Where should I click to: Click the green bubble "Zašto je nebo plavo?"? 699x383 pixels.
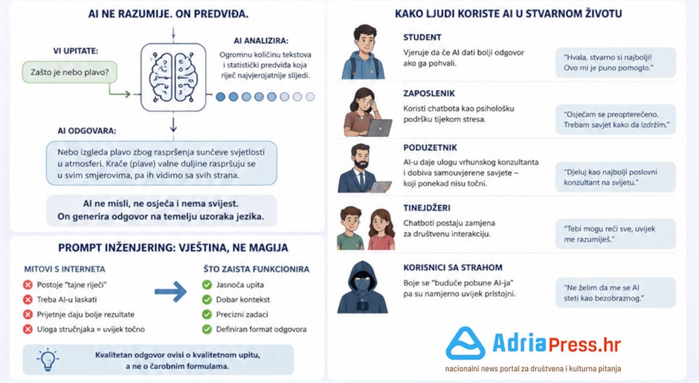coord(70,72)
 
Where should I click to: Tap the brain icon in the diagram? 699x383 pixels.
coord(173,77)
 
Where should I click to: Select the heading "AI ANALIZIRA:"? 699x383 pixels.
coord(261,41)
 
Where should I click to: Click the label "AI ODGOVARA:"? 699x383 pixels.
coord(86,131)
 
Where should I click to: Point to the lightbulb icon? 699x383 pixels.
coord(48,359)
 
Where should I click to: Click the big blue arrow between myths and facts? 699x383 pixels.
coord(171,292)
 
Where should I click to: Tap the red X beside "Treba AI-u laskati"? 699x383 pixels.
coord(28,300)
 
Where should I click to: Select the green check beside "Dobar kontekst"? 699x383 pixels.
coord(207,300)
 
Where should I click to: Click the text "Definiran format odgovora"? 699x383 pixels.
coord(261,329)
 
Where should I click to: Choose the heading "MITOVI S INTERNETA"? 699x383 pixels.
coord(65,269)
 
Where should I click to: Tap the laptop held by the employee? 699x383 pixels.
coord(379,128)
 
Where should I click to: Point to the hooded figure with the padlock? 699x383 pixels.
coord(362,287)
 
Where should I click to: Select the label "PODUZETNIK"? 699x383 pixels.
coord(431,147)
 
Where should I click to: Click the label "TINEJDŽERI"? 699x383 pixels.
coord(427,207)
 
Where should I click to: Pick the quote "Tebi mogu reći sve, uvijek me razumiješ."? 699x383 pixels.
coord(610,234)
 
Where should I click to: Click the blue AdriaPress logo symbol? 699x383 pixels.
coord(466,344)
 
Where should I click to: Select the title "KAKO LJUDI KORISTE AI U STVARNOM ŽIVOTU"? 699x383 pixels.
coord(508,13)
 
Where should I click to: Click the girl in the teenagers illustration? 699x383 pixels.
coord(381,229)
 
